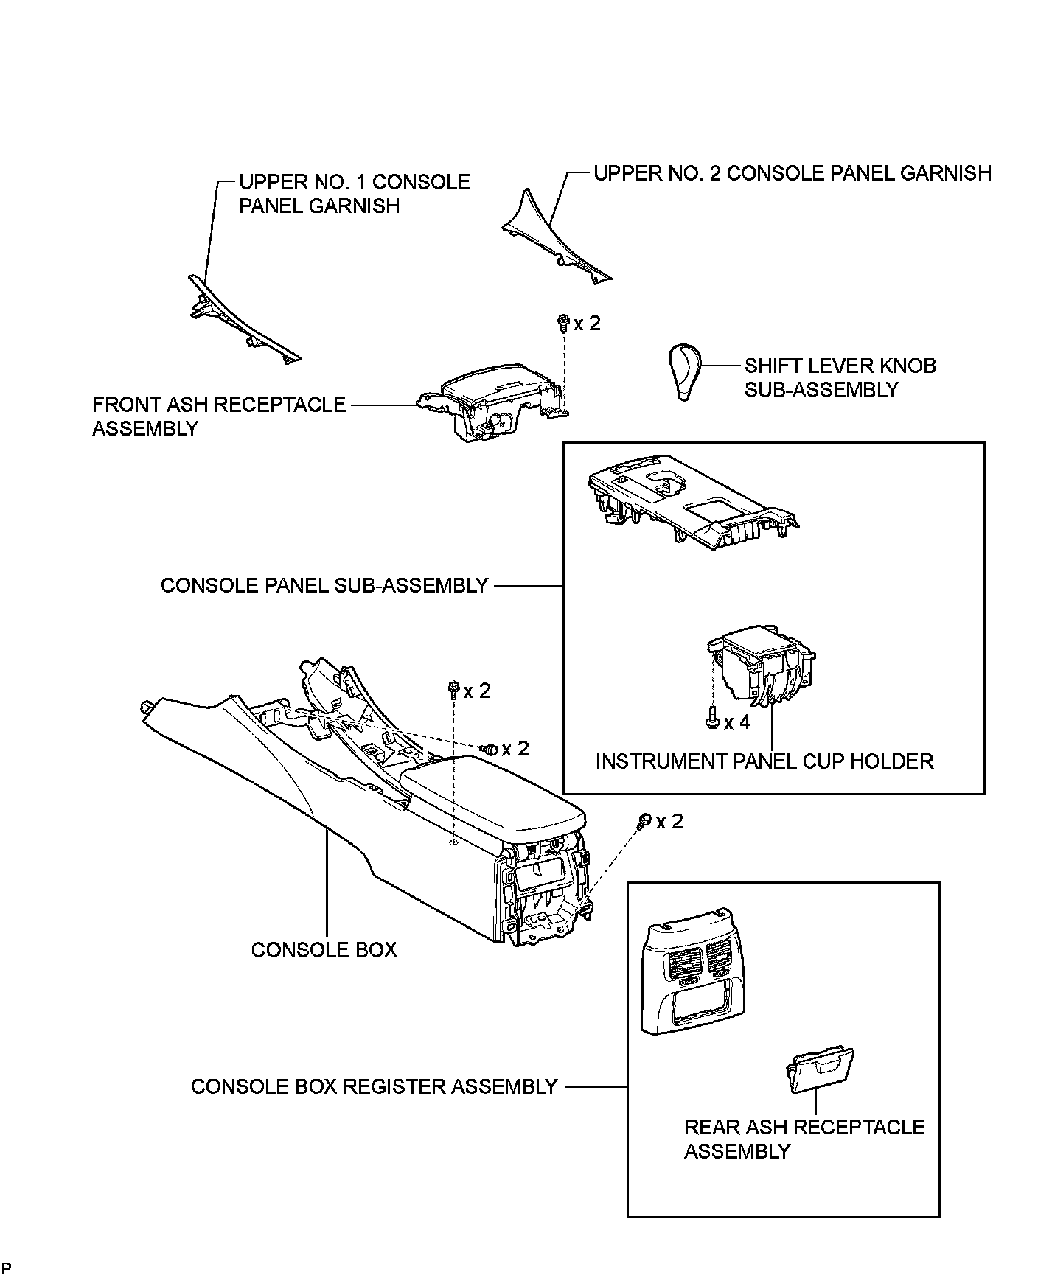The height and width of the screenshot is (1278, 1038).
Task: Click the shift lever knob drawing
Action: click(x=684, y=371)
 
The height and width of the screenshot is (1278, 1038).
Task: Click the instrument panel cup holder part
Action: click(x=761, y=668)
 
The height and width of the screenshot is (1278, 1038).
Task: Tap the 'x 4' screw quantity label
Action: click(x=736, y=722)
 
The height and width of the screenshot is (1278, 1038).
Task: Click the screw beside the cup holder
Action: click(x=711, y=717)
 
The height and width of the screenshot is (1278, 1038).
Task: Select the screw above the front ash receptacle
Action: click(x=563, y=321)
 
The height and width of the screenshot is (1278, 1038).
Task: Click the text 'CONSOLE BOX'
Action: click(x=324, y=949)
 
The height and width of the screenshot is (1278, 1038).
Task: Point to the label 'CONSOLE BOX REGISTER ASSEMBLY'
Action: click(x=374, y=1086)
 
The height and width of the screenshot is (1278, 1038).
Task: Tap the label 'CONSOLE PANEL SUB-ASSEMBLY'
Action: click(x=324, y=585)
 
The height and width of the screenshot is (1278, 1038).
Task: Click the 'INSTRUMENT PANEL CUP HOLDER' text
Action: click(x=764, y=761)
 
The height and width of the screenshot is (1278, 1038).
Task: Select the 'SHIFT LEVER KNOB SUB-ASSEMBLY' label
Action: click(x=840, y=377)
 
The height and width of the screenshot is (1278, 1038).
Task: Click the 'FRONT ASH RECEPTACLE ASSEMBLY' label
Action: click(x=218, y=416)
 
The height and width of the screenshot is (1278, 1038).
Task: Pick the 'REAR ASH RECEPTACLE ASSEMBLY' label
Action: click(x=804, y=1139)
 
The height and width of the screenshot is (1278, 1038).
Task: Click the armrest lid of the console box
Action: click(x=490, y=796)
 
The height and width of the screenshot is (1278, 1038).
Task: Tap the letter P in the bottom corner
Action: click(x=6, y=1267)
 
